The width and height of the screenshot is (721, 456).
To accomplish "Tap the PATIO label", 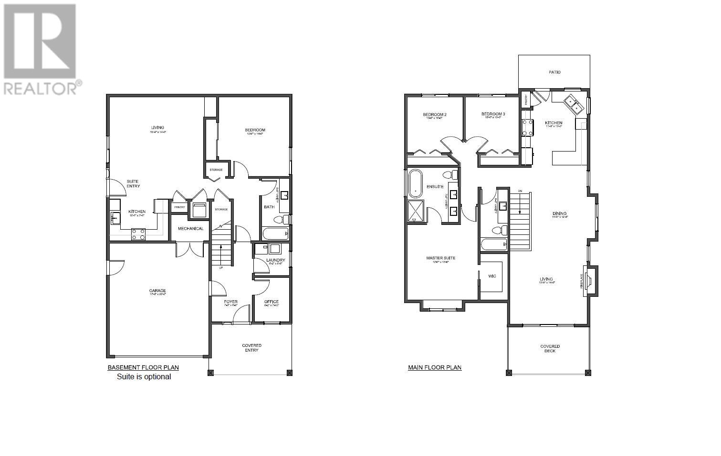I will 554,72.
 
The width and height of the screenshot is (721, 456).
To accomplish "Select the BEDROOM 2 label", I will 434,114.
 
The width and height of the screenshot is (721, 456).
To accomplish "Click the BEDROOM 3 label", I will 493,114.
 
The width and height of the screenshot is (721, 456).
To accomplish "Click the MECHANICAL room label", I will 190,229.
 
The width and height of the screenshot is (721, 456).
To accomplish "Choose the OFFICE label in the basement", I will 271,302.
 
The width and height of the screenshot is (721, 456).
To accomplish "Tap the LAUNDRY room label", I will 275,260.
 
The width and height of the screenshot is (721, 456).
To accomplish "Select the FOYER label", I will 231,302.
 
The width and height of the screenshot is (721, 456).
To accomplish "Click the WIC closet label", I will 492,276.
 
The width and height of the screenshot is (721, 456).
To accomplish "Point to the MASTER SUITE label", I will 440,258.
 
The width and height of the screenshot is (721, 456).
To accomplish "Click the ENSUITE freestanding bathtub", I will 415,184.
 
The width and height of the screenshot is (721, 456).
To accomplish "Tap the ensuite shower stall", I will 418,212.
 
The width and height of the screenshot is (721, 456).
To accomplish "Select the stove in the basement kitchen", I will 138,234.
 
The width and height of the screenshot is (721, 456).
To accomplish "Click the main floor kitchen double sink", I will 573,105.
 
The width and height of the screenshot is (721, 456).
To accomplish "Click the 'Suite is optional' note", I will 144,376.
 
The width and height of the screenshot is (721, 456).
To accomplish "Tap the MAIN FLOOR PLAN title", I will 434,367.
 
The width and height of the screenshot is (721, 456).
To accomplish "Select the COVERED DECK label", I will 550,349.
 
